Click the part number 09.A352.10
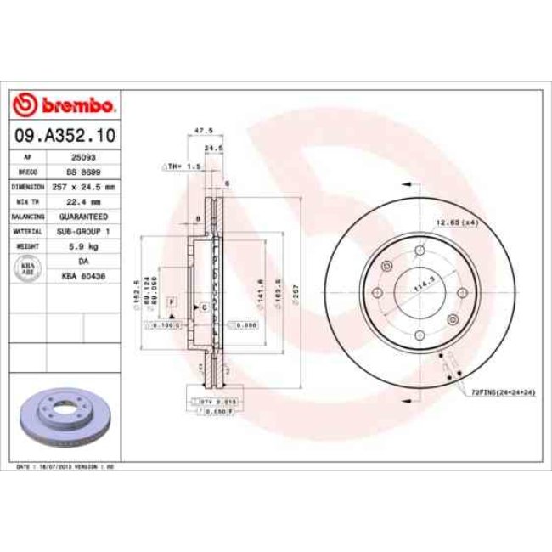[x=64, y=135]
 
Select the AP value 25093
[x=82, y=157]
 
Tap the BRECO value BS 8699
[x=82, y=172]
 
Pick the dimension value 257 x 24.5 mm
[x=82, y=187]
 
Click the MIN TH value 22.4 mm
[x=82, y=202]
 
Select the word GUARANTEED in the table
[x=82, y=217]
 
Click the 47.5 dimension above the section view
[x=203, y=130]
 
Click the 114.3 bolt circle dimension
[x=417, y=286]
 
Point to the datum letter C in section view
[x=205, y=307]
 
